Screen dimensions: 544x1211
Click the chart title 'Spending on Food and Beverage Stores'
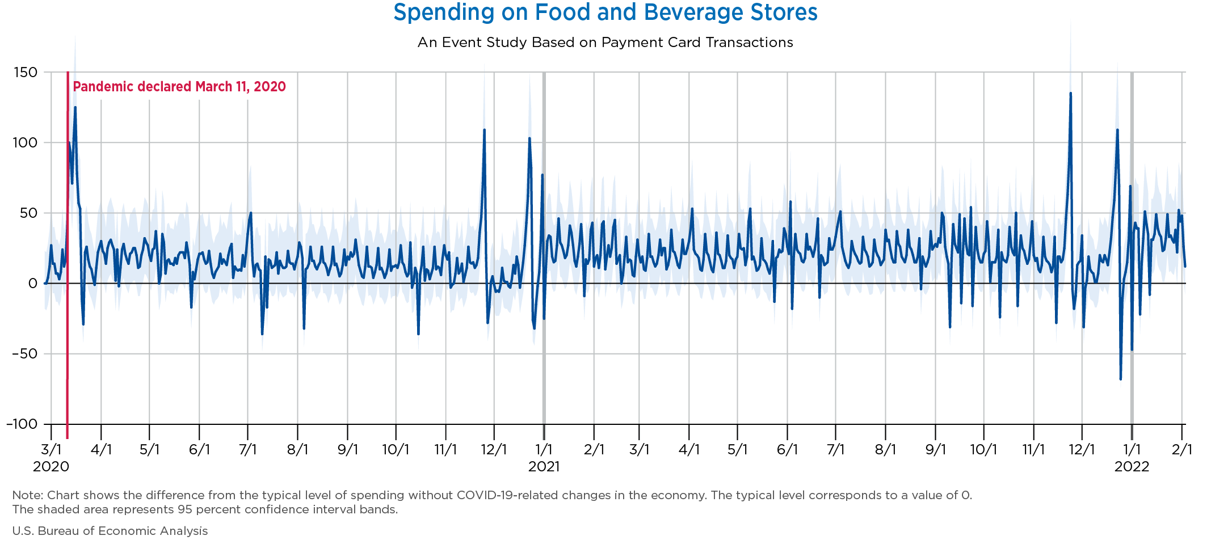(x=605, y=12)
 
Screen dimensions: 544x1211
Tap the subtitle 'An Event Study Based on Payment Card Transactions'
(x=605, y=43)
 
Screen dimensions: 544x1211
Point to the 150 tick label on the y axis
(x=26, y=72)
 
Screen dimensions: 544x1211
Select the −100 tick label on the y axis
(x=22, y=424)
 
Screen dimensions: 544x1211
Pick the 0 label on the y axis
(x=32, y=284)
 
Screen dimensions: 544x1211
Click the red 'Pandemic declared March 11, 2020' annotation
(x=179, y=87)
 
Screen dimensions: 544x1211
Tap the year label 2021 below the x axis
(x=544, y=467)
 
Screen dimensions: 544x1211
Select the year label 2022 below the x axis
(x=1132, y=467)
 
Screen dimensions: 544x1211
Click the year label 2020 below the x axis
(x=51, y=467)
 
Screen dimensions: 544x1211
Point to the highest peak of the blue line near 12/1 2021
(x=1070, y=93)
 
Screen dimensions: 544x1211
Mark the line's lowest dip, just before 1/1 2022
(x=1120, y=379)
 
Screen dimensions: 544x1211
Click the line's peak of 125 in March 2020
(x=75, y=107)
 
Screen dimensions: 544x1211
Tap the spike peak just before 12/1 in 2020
(x=484, y=130)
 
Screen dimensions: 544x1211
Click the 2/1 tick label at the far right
(x=1182, y=450)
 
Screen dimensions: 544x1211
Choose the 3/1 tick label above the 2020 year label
(x=51, y=450)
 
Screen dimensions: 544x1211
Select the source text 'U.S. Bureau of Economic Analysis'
(x=110, y=531)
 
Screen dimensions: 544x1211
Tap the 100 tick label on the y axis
(x=26, y=142)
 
